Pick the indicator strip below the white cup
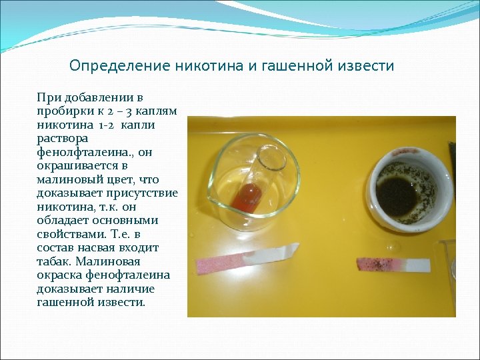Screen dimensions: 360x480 click(x=393, y=265)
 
